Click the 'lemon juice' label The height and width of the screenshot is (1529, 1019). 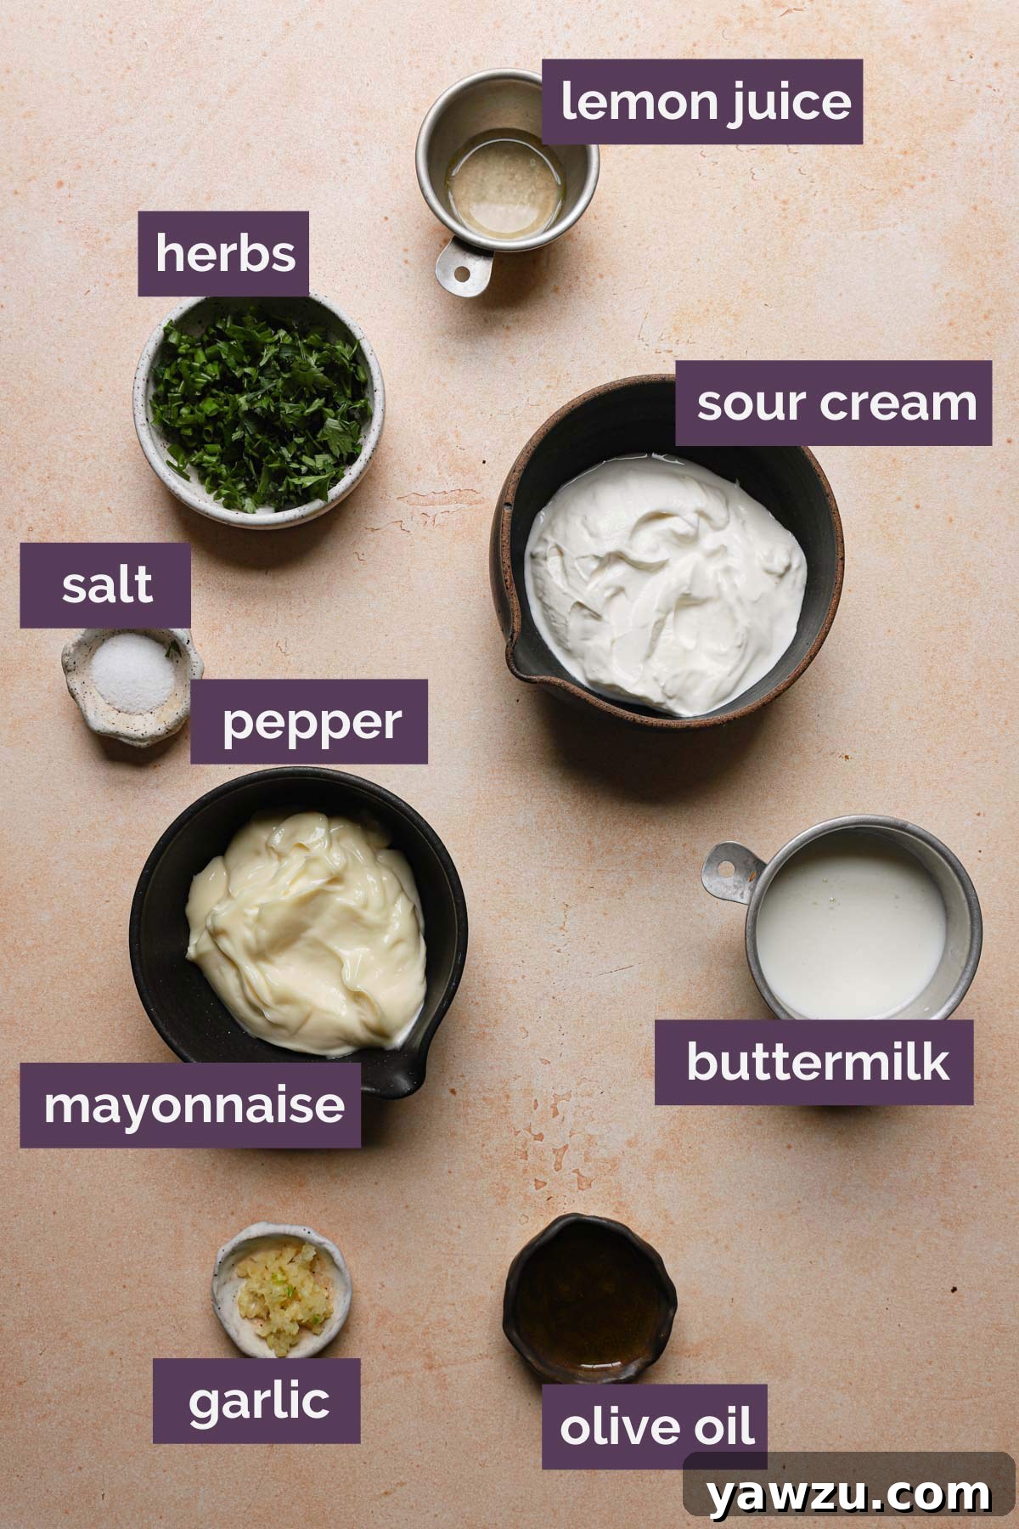[x=703, y=102]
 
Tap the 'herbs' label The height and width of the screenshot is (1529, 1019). [x=224, y=253]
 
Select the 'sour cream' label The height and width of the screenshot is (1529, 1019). [x=835, y=403]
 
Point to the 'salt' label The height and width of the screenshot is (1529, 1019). [x=106, y=585]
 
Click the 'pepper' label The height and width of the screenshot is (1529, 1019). [x=310, y=722]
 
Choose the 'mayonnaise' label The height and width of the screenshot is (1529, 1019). [x=192, y=1105]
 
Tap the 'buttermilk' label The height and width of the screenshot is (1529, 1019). [x=815, y=1062]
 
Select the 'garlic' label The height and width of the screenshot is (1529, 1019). [x=257, y=1401]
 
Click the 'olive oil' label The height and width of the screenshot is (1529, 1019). [x=656, y=1426]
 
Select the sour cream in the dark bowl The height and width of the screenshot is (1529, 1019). [x=667, y=578]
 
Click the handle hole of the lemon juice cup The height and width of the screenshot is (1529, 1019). [x=459, y=274]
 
